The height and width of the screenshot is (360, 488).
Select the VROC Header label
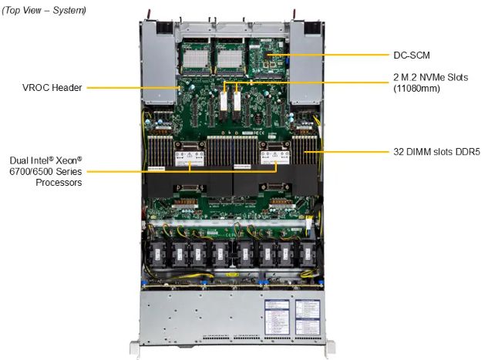point(51,88)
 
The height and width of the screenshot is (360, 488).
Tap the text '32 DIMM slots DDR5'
point(436,153)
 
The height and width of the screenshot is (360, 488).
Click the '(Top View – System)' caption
point(45,10)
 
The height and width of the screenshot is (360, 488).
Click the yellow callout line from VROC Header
point(131,88)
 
